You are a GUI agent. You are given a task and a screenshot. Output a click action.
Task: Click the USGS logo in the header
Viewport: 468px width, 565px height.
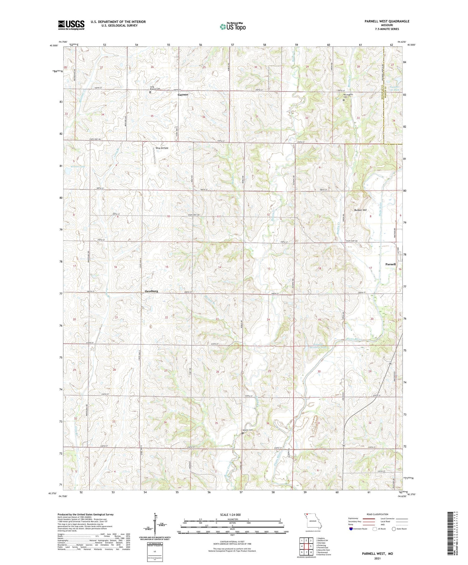point(71,25)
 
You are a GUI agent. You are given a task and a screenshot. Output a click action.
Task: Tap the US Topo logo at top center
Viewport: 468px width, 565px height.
point(232,27)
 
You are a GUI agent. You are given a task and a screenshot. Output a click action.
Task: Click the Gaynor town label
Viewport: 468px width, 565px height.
point(183,94)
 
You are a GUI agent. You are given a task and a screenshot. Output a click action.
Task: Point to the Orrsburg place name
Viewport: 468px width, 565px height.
point(151,291)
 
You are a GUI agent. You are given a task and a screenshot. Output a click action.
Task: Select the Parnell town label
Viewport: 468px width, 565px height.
point(390,264)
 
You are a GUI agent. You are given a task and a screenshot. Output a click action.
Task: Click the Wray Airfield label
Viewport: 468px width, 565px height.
point(162,148)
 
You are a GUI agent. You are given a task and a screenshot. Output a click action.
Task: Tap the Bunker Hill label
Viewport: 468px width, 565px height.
point(360,210)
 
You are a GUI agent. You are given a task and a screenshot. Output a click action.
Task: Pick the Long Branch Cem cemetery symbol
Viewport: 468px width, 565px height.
point(150,92)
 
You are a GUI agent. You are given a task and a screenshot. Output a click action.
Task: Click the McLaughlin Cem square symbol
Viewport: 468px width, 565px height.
point(344,100)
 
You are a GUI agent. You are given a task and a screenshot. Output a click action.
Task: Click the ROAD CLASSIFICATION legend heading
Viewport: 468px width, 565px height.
point(378,514)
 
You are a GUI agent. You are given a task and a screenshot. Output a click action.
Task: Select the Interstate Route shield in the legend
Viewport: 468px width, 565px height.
point(351,529)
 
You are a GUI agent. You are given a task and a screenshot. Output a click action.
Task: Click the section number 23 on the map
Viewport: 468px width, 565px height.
point(217,319)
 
